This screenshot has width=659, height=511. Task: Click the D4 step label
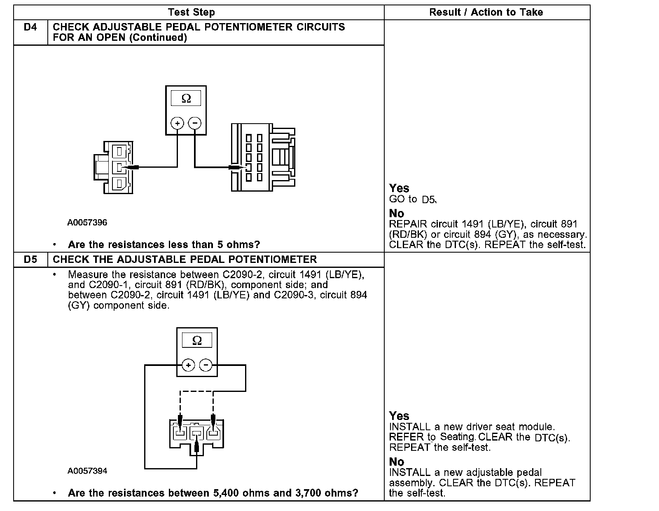[x=30, y=27]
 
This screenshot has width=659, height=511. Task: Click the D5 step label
[x=30, y=260]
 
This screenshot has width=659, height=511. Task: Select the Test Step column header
[x=192, y=12]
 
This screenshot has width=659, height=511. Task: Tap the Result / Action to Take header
[x=486, y=12]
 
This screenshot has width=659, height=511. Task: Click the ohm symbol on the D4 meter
[x=186, y=98]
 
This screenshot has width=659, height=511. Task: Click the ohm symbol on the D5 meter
[x=197, y=340]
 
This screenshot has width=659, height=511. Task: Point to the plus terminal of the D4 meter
[x=178, y=123]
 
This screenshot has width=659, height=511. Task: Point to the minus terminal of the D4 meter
[x=195, y=123]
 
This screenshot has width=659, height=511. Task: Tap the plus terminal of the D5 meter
[x=188, y=365]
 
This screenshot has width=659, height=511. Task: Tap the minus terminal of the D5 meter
[x=206, y=365]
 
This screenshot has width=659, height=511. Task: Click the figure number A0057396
[x=87, y=223]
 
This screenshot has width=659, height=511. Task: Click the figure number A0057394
[x=87, y=471]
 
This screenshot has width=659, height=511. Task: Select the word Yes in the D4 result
[x=399, y=188]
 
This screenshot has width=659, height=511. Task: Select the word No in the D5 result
[x=397, y=462]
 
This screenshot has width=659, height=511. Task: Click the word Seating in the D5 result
[x=458, y=436]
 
